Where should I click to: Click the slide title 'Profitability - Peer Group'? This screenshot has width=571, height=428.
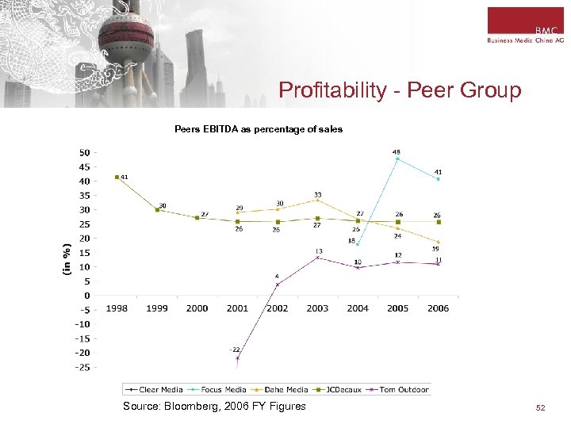pos(400,90)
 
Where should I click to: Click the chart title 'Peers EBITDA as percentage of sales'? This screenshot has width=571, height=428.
pos(259,129)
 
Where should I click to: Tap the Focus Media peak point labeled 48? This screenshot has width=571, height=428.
pos(397,159)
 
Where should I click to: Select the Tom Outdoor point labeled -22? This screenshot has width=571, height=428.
pos(237,358)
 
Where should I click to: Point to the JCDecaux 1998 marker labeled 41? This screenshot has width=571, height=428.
pos(117,177)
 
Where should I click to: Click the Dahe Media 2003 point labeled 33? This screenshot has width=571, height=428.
pos(317,200)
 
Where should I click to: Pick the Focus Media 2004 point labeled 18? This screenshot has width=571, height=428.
pos(358,244)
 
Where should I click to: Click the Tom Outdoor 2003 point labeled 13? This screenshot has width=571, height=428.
pos(317,258)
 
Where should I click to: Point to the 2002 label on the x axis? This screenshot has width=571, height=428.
pos(278,308)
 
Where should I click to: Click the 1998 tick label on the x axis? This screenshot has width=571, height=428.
pos(117,308)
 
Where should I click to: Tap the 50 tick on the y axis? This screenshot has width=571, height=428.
pos(84,152)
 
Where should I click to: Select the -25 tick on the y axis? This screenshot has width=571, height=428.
pos(82,367)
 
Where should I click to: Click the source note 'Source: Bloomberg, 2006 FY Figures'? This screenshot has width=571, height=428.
pos(214,407)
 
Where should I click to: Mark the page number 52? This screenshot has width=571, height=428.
pos(541,407)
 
